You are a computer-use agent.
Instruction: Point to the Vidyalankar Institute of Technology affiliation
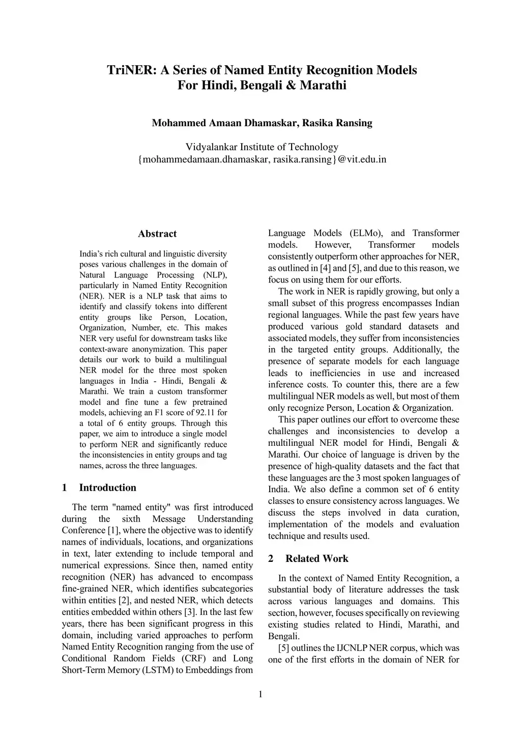click(x=262, y=147)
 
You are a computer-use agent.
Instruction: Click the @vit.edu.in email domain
click(x=362, y=159)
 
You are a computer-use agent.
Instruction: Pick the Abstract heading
click(x=157, y=234)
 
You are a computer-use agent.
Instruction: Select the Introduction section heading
click(x=107, y=488)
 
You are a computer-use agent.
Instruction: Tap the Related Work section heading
click(x=316, y=558)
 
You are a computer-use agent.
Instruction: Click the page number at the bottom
click(x=260, y=694)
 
